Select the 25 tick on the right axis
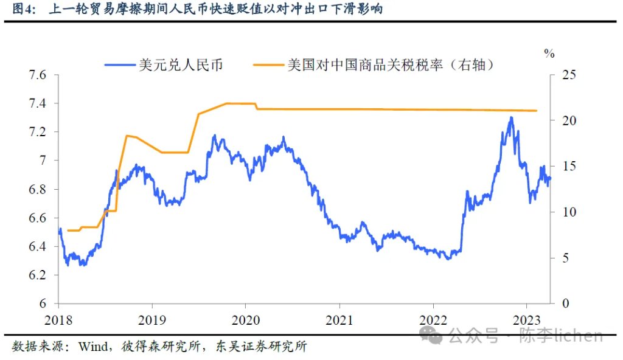[x=568, y=75]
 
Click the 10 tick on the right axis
[x=568, y=212]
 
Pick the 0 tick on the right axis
[x=565, y=303]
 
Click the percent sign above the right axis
[x=549, y=53]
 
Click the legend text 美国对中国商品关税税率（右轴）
[x=390, y=64]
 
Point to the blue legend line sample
[x=120, y=64]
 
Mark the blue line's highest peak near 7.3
[x=510, y=117]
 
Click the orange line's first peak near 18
[x=126, y=136]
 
